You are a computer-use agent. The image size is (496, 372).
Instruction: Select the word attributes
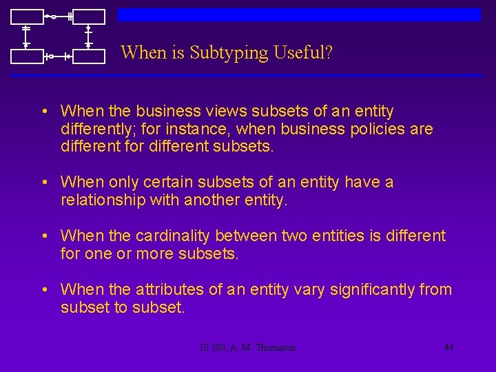[x=169, y=290]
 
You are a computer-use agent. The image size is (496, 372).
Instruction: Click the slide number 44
[x=448, y=347]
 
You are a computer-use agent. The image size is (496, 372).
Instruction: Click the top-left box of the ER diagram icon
[x=25, y=17]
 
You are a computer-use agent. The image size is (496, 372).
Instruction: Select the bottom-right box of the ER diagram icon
[x=88, y=56]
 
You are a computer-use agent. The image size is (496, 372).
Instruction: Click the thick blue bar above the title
[x=299, y=15]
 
